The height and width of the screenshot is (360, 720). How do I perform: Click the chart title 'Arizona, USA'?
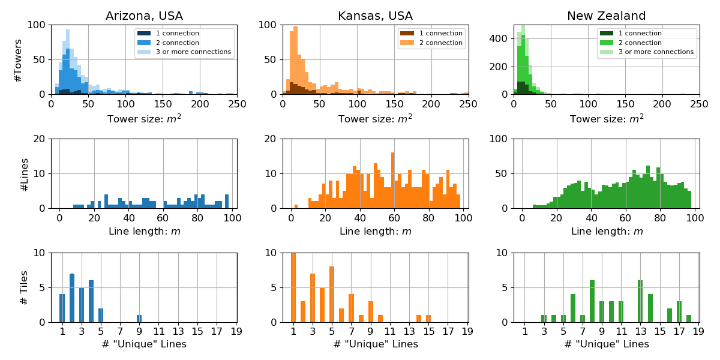[144, 16]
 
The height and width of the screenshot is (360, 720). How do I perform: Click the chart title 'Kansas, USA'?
[375, 16]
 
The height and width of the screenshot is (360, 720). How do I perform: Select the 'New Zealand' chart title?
[607, 16]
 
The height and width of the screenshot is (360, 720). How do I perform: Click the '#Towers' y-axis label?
[18, 60]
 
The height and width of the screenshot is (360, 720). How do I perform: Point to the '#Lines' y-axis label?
[24, 174]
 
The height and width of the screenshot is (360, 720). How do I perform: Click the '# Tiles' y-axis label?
[24, 287]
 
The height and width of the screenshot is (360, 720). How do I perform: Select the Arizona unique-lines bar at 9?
[139, 319]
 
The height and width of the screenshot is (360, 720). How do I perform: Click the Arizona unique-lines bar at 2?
[72, 298]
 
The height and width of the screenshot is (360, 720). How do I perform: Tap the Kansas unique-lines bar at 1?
[293, 287]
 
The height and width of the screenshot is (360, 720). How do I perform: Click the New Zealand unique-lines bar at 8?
[592, 301]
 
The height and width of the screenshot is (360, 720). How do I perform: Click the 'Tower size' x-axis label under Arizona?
[144, 118]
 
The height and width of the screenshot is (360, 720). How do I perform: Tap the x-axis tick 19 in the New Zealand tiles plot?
[698, 330]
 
